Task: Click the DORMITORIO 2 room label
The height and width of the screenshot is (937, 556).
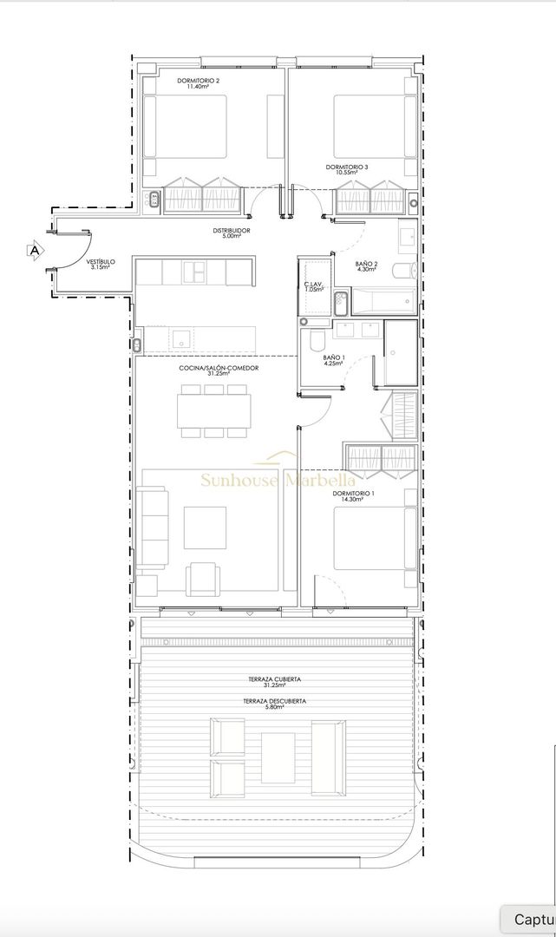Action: (x=198, y=81)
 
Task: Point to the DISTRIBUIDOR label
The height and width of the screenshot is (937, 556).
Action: (x=232, y=230)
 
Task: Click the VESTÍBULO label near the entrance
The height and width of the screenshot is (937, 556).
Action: (x=101, y=262)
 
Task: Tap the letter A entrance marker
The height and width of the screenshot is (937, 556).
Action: (x=35, y=251)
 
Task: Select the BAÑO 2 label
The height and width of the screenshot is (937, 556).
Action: (x=366, y=264)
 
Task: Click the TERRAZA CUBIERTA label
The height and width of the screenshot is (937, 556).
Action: (x=278, y=679)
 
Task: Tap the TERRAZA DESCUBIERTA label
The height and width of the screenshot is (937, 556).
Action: (x=278, y=700)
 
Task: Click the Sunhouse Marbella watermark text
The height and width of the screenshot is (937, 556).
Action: (x=278, y=479)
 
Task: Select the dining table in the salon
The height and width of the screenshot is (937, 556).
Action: (x=213, y=410)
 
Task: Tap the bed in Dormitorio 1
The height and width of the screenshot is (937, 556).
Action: (x=369, y=538)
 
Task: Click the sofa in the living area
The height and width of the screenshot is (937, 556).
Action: (x=154, y=527)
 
